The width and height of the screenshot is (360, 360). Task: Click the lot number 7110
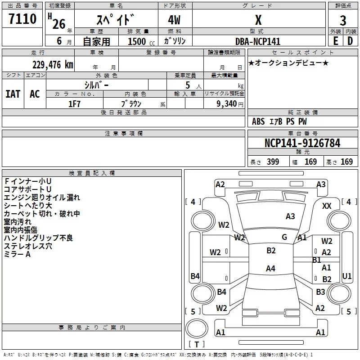pos(22,19)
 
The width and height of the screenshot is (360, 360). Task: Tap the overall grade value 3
pos(343,21)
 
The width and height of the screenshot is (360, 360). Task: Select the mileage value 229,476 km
pos(53,65)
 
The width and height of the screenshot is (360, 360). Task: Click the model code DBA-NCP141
pos(258,41)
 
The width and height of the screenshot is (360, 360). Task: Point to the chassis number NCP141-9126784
pos(302,143)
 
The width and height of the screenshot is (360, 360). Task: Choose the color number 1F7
pos(74,104)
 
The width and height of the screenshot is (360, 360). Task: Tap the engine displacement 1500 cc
pos(141,41)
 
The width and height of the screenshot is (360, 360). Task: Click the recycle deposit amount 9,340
pos(227,103)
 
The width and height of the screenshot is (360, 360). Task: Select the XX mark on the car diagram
pos(327,206)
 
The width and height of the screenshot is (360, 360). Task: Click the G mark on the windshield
pos(284,237)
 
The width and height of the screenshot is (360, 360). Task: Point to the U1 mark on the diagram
pos(346,276)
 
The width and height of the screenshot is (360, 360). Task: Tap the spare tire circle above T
pos(197,328)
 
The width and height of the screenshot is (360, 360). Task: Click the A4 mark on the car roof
pos(270,268)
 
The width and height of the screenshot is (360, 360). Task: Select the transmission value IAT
pos(13,94)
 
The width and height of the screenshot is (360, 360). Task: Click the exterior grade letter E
pos(335,41)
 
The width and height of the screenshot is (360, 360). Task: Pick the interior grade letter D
pos(350,41)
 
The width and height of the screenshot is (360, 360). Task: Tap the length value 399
pos(273,162)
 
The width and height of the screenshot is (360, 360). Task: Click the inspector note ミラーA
pos(17,254)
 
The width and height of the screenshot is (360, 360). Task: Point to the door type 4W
pos(174,20)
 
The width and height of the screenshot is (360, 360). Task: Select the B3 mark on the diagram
pos(320,292)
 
